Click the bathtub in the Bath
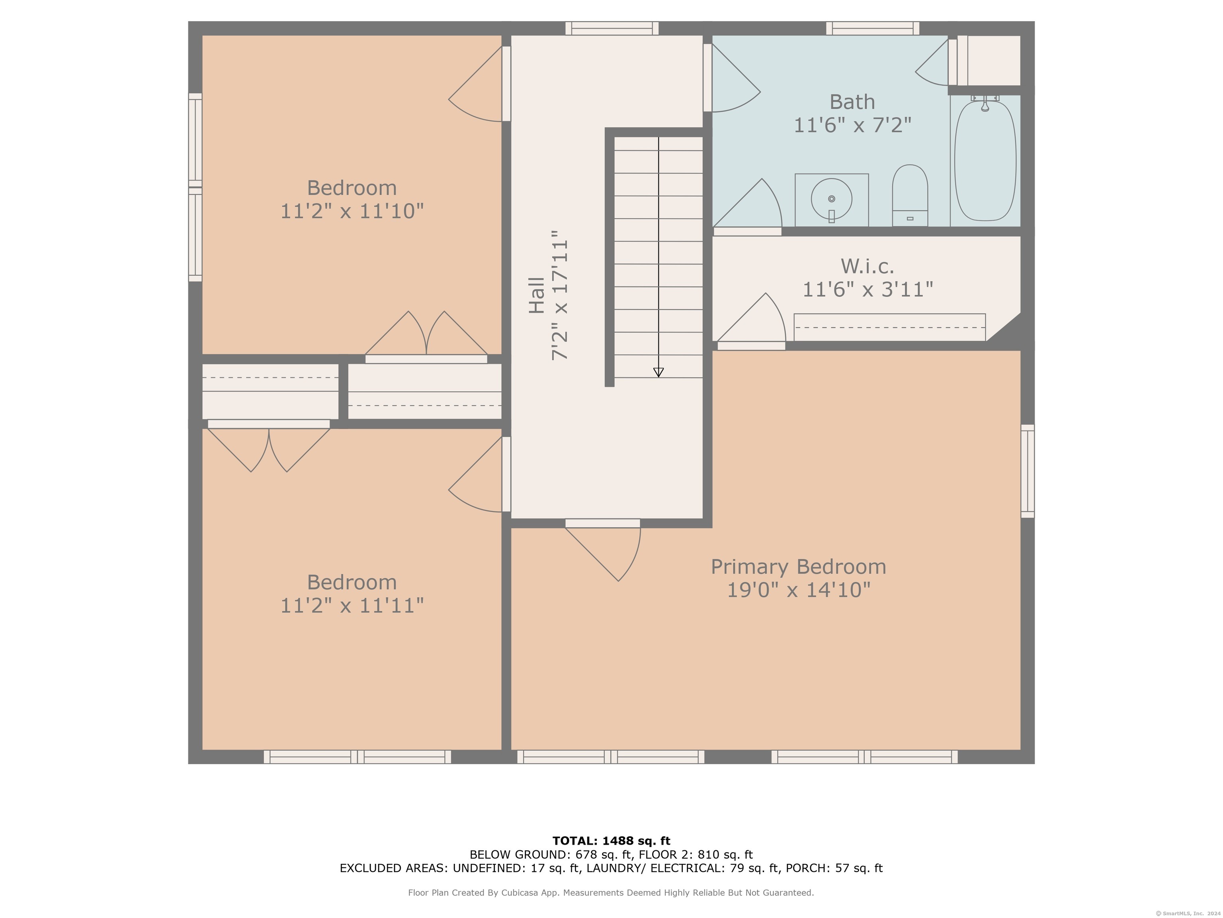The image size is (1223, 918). coord(985,161)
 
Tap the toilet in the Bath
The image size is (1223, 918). coord(910,195)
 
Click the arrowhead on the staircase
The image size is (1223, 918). coord(658,373)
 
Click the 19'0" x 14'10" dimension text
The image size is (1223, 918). coord(798,590)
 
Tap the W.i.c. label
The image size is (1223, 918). coord(867,266)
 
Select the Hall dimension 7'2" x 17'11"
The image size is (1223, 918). coord(559,296)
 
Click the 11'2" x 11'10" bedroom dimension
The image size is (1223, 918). coord(352,211)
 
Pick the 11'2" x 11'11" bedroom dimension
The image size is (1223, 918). coord(352,605)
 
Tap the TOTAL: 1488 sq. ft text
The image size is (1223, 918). coord(611,841)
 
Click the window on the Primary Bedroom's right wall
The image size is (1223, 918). coord(1027,471)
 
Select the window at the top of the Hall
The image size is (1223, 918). coord(612,28)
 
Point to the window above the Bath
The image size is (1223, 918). coord(873,28)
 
